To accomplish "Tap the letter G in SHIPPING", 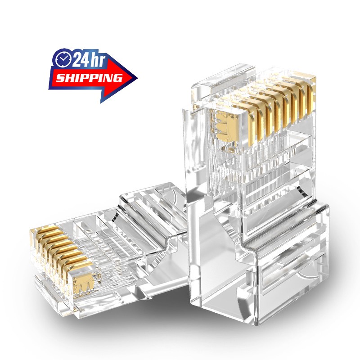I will [x=117, y=77].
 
